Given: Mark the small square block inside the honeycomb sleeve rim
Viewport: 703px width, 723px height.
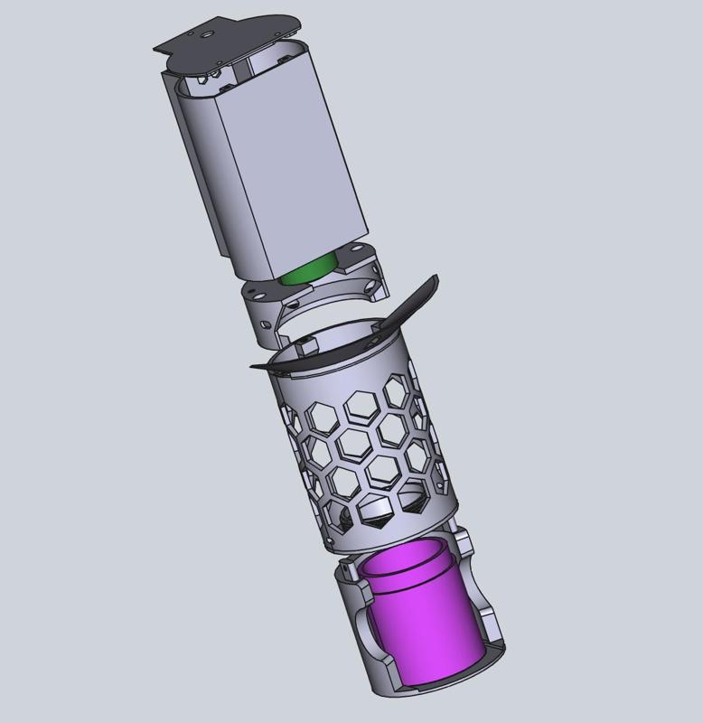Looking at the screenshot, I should coord(307,343).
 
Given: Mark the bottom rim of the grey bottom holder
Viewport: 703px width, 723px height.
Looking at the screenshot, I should coord(434,691).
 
